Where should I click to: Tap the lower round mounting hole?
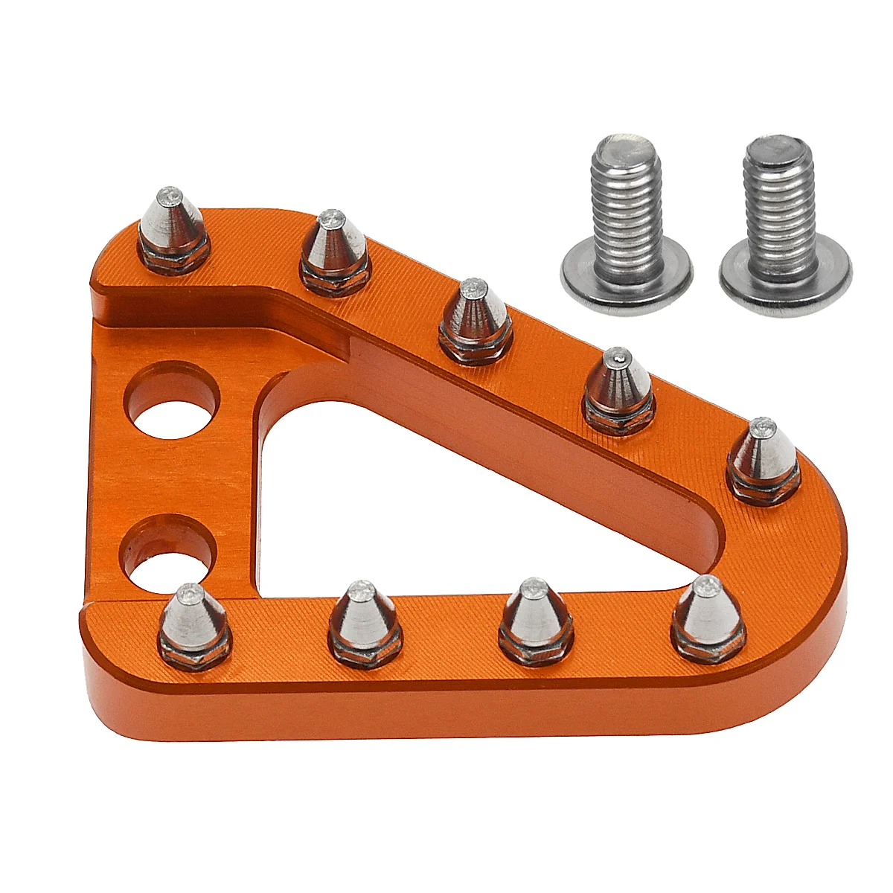point(170,554)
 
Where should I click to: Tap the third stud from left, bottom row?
point(534,612)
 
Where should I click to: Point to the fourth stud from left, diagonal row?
point(618,382)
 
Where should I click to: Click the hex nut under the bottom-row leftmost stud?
point(196,655)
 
